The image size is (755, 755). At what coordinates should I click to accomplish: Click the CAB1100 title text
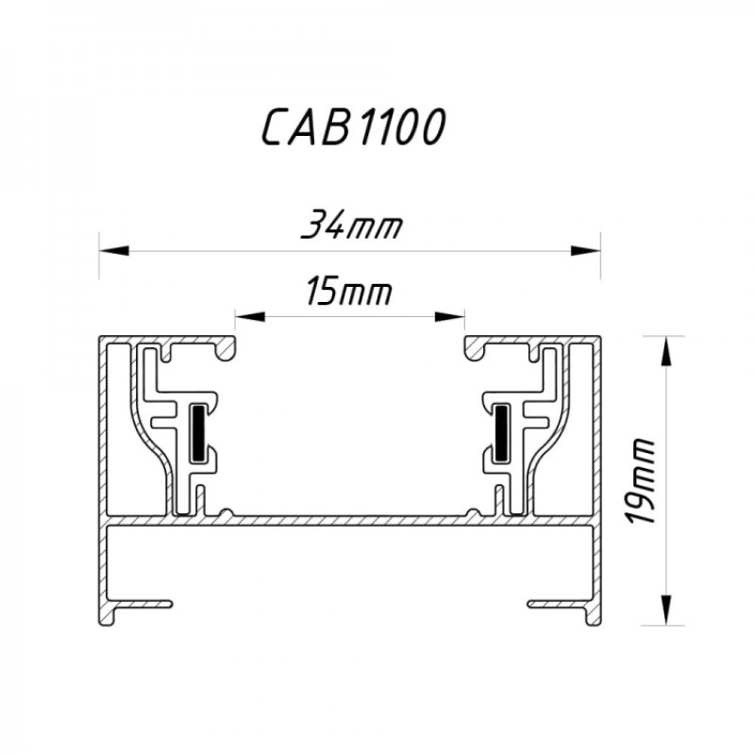[x=351, y=127]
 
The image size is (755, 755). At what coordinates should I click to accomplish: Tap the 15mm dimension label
[x=349, y=293]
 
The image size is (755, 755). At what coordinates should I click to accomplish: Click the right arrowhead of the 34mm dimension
[x=587, y=251]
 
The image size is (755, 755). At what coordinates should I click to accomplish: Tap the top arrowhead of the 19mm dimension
[x=666, y=350]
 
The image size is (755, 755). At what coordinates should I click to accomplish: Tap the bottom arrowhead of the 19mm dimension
[x=666, y=610]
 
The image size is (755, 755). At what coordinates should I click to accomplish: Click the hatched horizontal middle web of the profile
[x=349, y=519]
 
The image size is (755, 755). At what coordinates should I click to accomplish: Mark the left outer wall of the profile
[x=104, y=472]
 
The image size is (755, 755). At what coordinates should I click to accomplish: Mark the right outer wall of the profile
[x=596, y=472]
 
